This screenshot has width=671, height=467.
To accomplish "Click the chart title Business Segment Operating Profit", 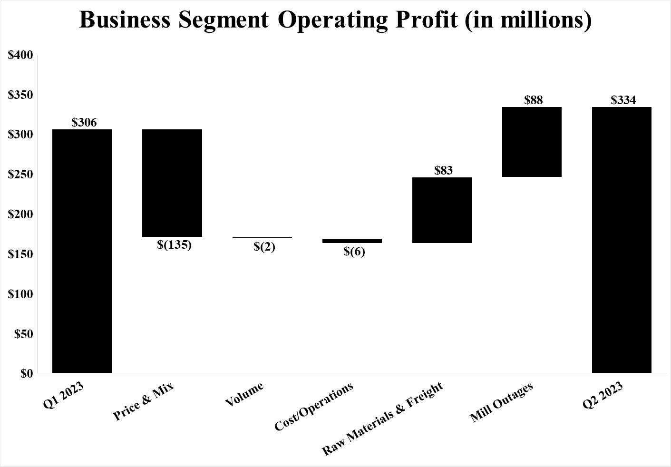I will [x=335, y=20].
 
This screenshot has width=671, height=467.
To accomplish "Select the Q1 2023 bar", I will [x=82, y=251].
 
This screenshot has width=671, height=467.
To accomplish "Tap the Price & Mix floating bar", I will [x=172, y=183].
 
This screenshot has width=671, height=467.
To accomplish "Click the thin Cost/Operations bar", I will [x=352, y=241].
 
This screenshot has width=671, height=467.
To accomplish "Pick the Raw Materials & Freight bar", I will [x=442, y=210].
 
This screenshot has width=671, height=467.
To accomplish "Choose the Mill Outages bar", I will [x=532, y=142].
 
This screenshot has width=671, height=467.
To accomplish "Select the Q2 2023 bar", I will [x=622, y=240].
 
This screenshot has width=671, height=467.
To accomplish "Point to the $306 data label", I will [x=84, y=123].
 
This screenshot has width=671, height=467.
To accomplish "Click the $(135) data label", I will [x=174, y=245].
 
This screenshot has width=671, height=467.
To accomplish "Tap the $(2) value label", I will [x=264, y=247].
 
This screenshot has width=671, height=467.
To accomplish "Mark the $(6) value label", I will [x=354, y=252].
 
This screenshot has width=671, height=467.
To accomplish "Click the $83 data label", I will [x=443, y=170].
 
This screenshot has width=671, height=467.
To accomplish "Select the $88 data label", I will [x=533, y=100].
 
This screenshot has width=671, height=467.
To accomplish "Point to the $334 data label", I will [x=623, y=100].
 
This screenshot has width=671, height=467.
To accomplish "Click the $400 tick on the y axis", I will [x=21, y=55].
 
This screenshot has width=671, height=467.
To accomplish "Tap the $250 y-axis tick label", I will [x=21, y=175].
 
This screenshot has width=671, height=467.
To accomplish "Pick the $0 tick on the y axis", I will [x=27, y=374].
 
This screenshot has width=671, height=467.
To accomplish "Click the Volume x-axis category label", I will [x=244, y=395].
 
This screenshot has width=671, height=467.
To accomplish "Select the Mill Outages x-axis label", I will [x=501, y=402].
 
